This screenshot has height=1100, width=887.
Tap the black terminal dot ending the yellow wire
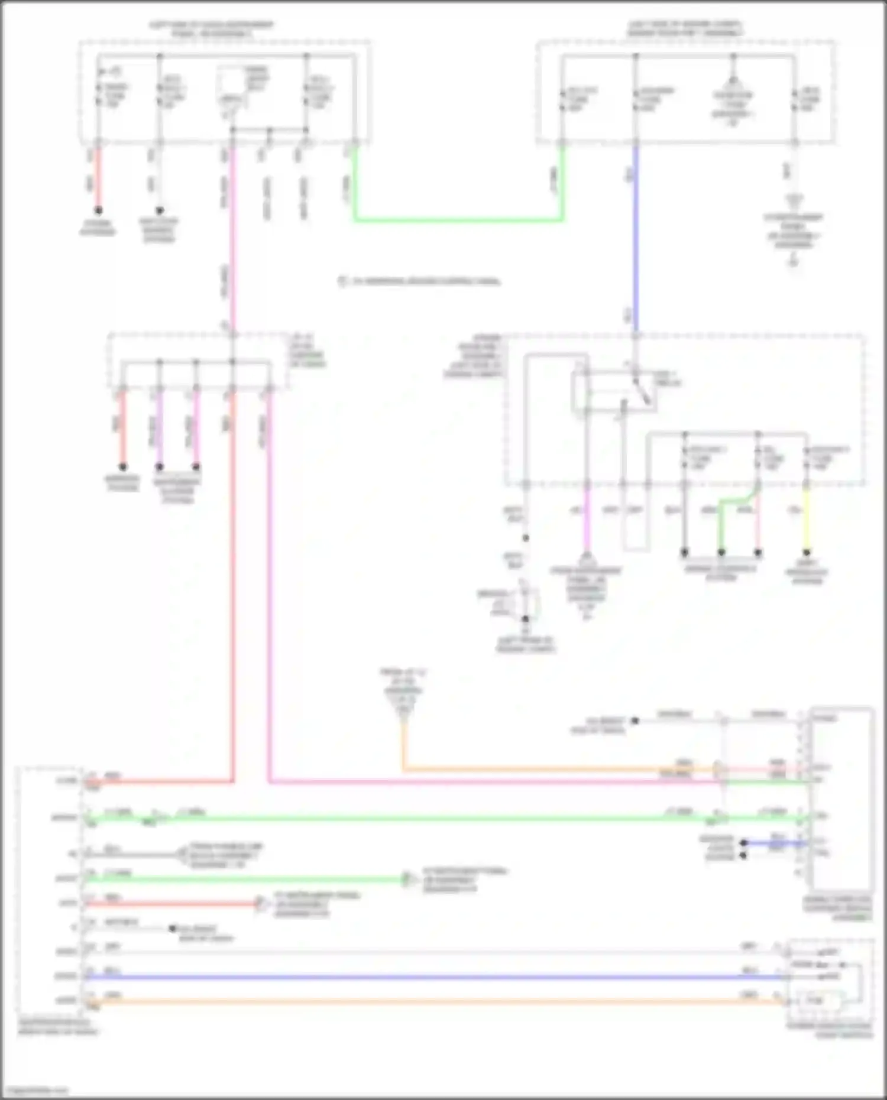[806, 553]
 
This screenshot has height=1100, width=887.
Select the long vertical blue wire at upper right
[636, 236]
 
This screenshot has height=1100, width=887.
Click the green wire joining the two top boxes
[458, 220]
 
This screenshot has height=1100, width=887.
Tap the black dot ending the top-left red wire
[99, 210]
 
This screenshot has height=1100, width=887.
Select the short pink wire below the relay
[587, 520]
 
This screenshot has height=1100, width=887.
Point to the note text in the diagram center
[420, 281]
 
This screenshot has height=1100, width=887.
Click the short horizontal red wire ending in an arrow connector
[171, 904]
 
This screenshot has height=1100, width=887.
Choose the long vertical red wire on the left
[232, 591]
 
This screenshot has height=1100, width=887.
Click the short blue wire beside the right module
[775, 843]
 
